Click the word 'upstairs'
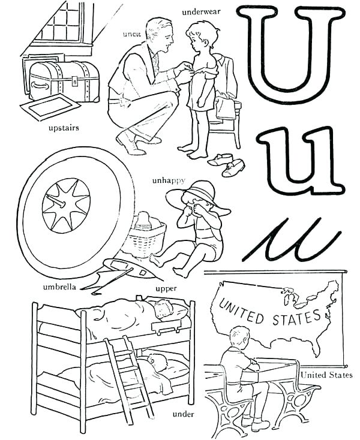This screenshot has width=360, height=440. pyautogui.click(x=64, y=128)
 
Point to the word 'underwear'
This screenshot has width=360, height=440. pyautogui.click(x=201, y=11)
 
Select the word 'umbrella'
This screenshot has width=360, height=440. pyautogui.click(x=59, y=287)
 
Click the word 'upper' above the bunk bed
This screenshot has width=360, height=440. pyautogui.click(x=166, y=288)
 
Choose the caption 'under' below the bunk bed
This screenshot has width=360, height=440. pyautogui.click(x=181, y=414)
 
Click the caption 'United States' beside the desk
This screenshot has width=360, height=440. pyautogui.click(x=326, y=375)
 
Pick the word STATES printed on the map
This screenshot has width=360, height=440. pyautogui.click(x=295, y=317)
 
